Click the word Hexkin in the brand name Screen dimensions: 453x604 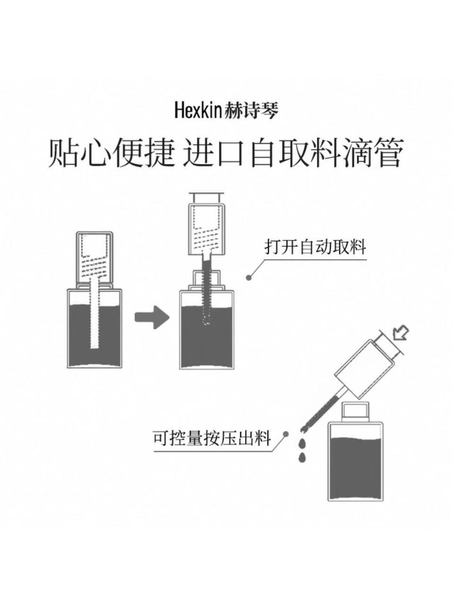198,110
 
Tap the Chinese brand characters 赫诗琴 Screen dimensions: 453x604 251,110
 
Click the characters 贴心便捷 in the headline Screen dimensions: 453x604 112,153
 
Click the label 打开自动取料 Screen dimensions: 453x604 315,247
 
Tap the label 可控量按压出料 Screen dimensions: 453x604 212,437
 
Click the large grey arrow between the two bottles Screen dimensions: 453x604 152,317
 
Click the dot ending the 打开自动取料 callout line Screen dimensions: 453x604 249,278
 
